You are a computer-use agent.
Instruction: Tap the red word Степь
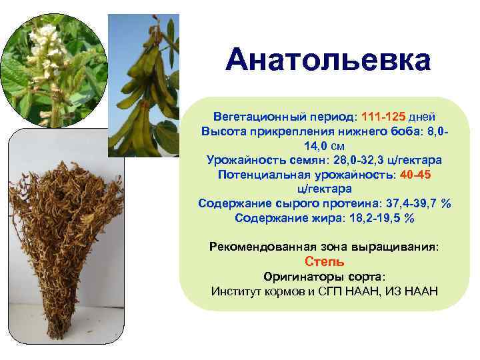(x=324, y=261)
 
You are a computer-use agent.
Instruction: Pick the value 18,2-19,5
(x=371, y=218)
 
